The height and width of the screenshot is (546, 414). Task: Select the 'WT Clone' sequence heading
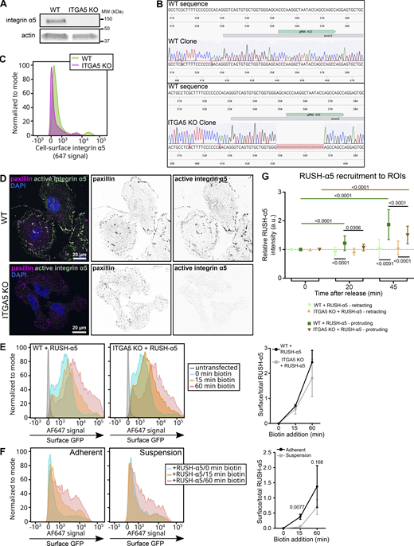coord(185,39)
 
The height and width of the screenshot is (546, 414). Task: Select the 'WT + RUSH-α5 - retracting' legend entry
coord(342,303)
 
